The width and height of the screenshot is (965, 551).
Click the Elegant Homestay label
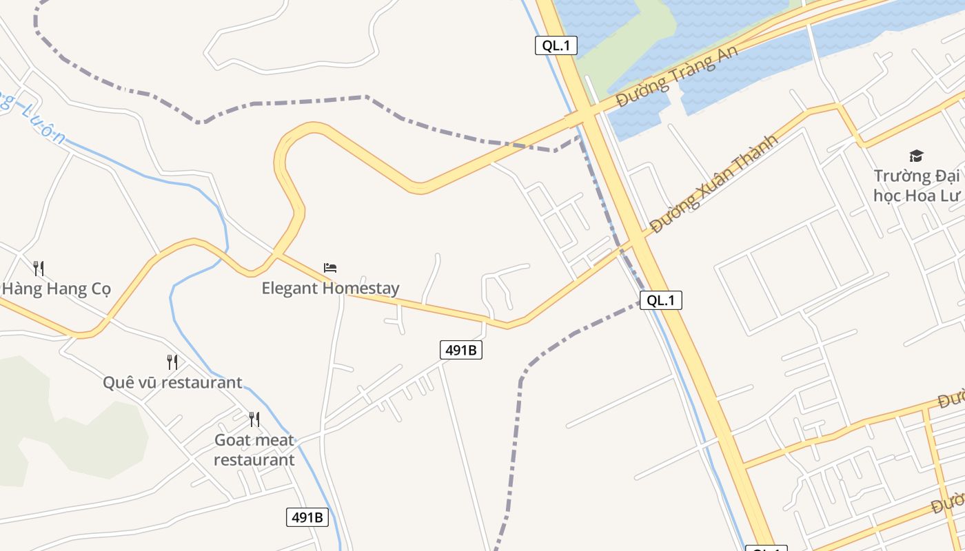pos(330,288)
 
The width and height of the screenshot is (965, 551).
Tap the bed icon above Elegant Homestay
pos(330,267)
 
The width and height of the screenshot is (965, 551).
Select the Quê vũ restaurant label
pos(172,382)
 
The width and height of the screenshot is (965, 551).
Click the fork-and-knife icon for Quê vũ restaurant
pos(172,362)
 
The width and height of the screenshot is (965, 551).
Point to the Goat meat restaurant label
pos(254,450)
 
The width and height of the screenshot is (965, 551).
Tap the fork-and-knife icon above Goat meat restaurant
pos(254,419)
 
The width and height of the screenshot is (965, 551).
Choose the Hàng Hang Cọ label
pos(57,289)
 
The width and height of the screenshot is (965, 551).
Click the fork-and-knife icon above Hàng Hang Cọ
pos(39,268)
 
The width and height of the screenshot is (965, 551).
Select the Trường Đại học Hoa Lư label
pos(916,185)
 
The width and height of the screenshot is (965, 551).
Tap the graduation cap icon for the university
pos(916,156)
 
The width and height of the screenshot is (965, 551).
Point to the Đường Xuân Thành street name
pos(713,183)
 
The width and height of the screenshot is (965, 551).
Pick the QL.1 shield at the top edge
pos(556,45)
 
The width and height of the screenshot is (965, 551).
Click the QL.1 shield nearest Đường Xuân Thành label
pos(660,300)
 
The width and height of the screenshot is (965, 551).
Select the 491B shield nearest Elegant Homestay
pos(460,350)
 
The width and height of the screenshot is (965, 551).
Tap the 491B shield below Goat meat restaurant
pos(307,517)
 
